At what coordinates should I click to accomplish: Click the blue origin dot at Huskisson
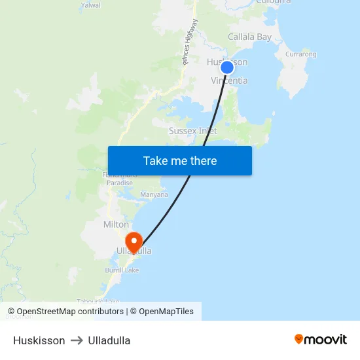(227, 67)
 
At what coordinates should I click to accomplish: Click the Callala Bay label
(249, 37)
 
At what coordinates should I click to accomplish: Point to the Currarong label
(300, 54)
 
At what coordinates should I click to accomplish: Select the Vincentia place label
(229, 81)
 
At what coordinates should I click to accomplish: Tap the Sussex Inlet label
(192, 131)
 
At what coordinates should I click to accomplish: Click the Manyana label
(154, 194)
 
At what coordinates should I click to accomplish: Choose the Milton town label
(116, 225)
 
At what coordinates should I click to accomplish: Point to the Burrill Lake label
(122, 270)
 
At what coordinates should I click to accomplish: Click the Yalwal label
(90, 5)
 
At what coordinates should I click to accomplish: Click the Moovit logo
(321, 339)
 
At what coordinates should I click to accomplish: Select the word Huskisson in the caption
(39, 340)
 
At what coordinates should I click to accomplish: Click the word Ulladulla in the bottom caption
(109, 340)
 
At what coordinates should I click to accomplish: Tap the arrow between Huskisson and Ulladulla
(77, 340)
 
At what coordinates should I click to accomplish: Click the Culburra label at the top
(274, 2)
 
